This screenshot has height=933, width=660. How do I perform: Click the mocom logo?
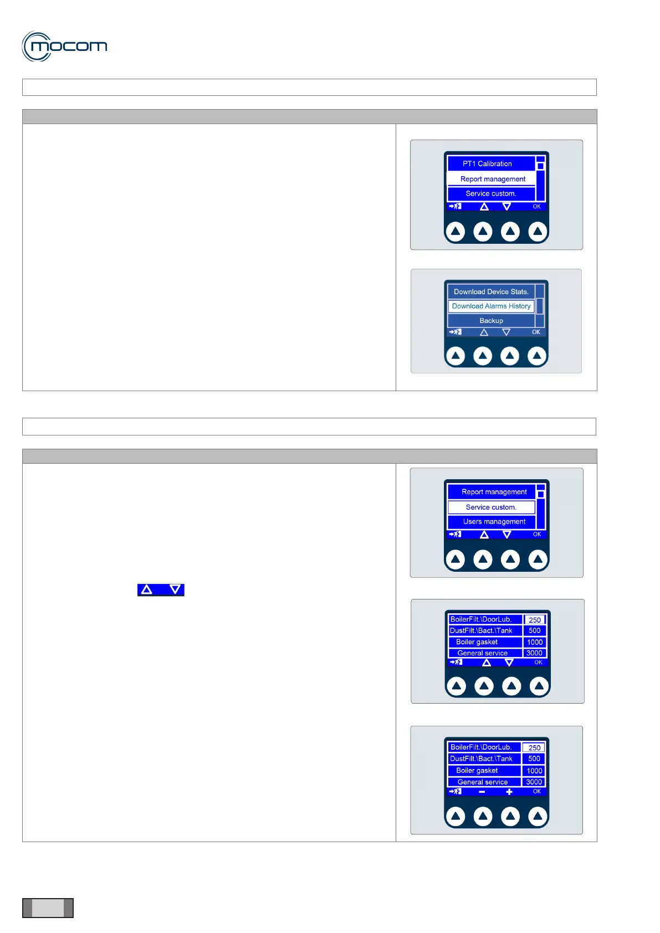click(x=64, y=46)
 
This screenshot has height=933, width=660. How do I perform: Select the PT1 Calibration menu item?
click(x=487, y=163)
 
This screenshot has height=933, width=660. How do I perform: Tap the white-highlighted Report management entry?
click(x=493, y=179)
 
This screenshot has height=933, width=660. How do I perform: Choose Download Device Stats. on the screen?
click(x=491, y=291)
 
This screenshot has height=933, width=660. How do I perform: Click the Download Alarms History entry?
click(x=491, y=306)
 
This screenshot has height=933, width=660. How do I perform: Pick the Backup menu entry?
click(x=491, y=320)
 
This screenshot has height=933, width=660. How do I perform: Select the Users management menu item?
click(x=494, y=521)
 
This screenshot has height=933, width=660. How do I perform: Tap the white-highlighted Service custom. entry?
click(x=491, y=507)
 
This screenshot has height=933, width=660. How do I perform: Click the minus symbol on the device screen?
click(x=482, y=792)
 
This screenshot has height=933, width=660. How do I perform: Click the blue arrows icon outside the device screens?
click(x=161, y=589)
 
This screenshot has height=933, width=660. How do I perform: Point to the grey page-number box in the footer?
click(x=48, y=908)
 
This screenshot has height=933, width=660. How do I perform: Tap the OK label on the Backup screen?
click(x=536, y=332)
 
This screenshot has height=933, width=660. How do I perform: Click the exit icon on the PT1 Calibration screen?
click(x=455, y=206)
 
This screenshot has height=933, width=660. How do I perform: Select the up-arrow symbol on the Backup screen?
click(x=484, y=332)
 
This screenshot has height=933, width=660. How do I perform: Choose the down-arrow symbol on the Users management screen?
click(x=506, y=534)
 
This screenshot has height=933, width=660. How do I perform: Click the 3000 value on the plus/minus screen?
click(x=534, y=782)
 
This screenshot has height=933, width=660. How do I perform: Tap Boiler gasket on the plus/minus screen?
click(x=477, y=770)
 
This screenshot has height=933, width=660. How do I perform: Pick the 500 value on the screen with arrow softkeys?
click(x=534, y=630)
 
